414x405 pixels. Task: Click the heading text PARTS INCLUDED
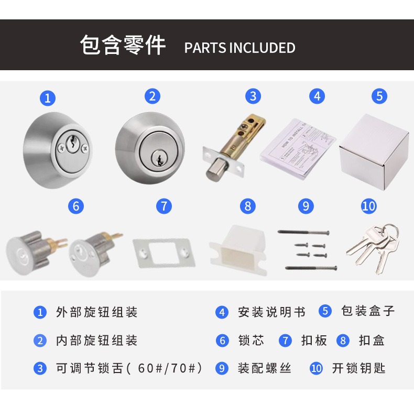tap(239, 48)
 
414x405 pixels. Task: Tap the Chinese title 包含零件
tap(123, 45)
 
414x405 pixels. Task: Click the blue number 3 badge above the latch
tap(253, 96)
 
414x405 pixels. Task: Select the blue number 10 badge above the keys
tap(369, 206)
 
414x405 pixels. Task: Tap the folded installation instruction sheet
tap(298, 149)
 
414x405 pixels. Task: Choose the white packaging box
tap(374, 152)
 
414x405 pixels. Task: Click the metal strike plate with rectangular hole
tap(164, 254)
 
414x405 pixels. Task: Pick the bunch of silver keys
tap(373, 248)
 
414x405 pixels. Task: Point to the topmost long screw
tap(303, 232)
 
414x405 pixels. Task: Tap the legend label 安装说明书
tap(271, 312)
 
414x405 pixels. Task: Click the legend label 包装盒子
tap(368, 311)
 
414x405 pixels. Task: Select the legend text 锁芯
tap(251, 341)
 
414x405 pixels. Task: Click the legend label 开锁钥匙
tap(358, 368)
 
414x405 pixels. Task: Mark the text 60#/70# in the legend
tap(167, 368)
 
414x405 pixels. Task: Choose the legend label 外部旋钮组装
tap(96, 312)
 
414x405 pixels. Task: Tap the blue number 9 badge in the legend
tap(222, 368)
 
